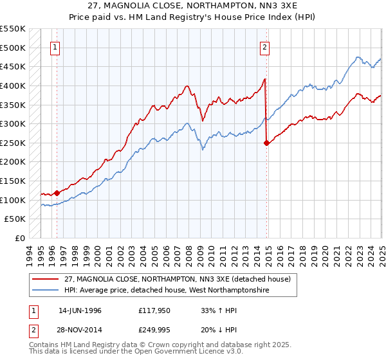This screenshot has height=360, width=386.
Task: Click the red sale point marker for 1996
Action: click(x=57, y=192)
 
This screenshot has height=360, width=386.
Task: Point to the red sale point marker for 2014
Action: click(x=266, y=143)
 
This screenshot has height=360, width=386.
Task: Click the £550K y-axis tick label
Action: click(x=13, y=29)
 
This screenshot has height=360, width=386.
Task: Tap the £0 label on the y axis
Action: click(x=20, y=238)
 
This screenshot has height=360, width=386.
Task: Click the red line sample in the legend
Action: click(x=45, y=279)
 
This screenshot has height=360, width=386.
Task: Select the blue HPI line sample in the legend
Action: click(x=45, y=291)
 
